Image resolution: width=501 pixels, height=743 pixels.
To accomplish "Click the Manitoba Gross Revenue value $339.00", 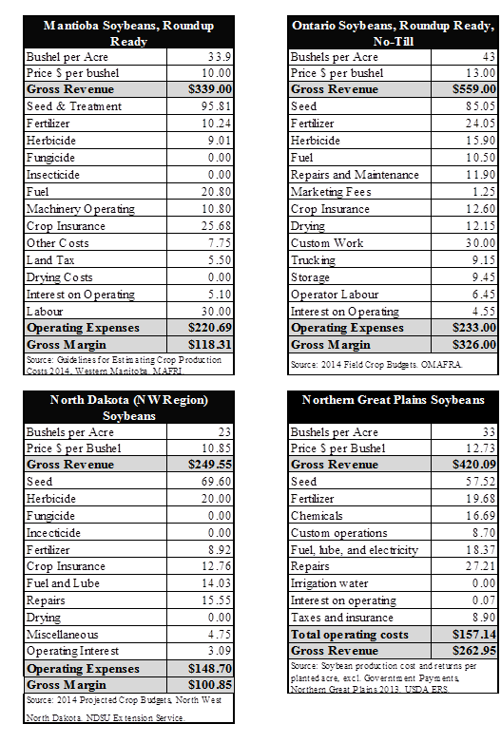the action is click(209, 89).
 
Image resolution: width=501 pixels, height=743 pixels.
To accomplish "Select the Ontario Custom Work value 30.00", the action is click(481, 243).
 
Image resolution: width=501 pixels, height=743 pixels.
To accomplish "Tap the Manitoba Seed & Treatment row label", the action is click(74, 106).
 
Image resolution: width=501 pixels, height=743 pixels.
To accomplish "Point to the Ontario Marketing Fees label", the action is click(331, 192).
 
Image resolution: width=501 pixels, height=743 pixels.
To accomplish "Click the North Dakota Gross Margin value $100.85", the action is click(209, 685).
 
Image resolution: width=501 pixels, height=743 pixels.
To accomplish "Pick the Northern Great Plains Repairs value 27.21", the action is click(481, 566).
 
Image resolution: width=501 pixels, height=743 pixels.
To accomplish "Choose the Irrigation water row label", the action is click(330, 583).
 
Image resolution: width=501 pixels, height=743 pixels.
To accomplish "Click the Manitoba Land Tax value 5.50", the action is click(220, 260).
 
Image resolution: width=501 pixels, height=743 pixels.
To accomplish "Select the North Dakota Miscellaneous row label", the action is click(63, 635).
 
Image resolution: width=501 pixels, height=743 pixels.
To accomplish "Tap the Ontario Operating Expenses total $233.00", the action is click(474, 328).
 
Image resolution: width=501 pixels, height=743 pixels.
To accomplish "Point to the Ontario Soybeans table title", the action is click(393, 33).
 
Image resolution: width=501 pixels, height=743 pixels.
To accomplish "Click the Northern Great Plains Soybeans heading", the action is click(394, 400).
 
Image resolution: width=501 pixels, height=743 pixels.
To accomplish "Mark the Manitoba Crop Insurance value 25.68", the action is click(216, 226).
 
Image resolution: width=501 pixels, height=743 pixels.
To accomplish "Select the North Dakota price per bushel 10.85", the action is click(216, 448).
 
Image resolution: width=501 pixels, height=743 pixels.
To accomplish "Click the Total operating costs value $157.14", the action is click(474, 635).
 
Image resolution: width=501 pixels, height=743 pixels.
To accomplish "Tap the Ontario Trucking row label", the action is click(314, 260).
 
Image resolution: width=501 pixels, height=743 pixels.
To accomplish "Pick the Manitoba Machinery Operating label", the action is click(81, 209).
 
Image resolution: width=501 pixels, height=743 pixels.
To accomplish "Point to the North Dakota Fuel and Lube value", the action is click(216, 583).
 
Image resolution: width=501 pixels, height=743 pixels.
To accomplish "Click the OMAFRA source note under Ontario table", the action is click(376, 365).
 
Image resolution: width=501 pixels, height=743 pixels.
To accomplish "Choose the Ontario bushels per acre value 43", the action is click(489, 57).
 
